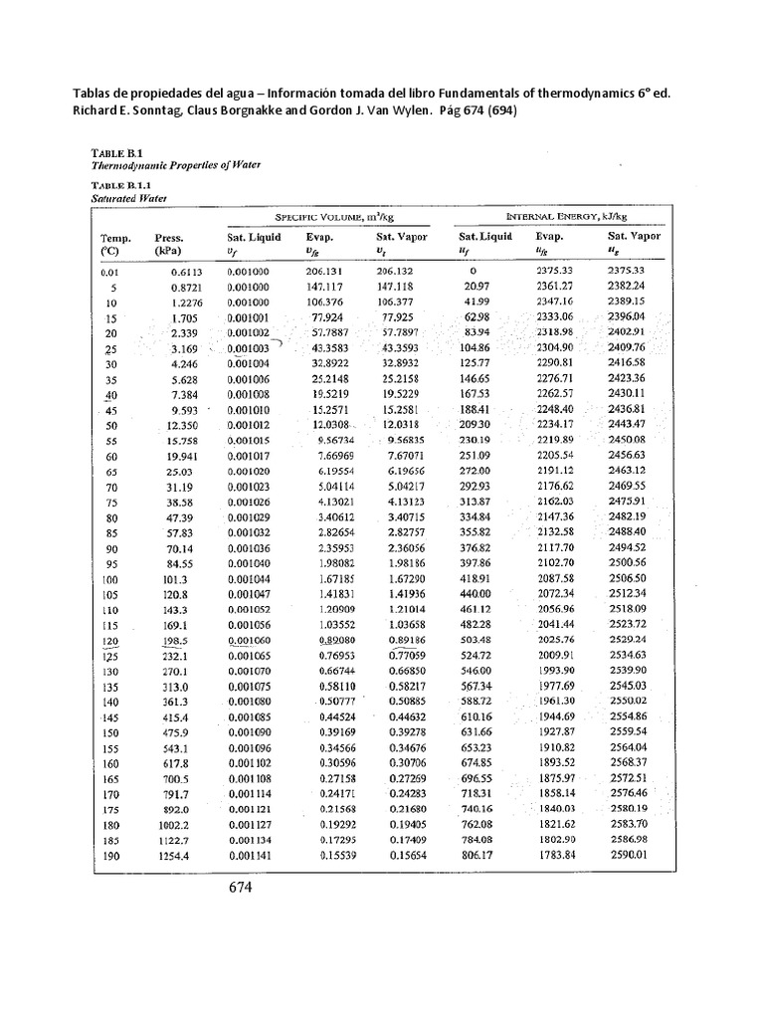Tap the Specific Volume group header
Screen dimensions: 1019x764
pyautogui.click(x=330, y=217)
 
